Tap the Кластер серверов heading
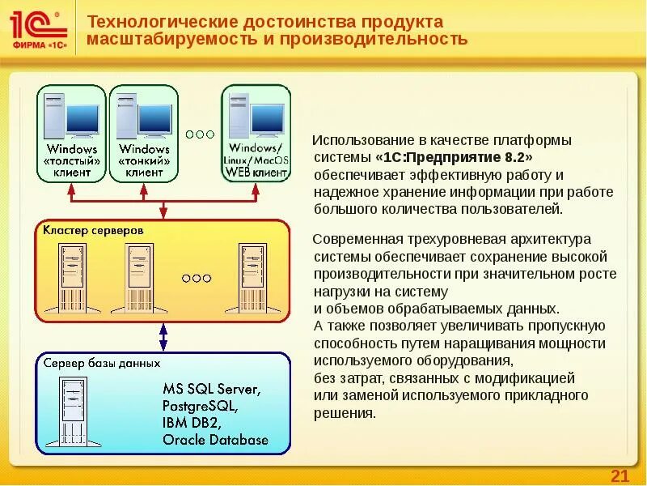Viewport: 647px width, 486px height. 94,231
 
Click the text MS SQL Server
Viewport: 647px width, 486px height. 211,390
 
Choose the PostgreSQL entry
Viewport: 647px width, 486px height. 200,406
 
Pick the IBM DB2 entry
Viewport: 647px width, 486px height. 192,423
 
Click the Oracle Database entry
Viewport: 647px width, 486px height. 214,440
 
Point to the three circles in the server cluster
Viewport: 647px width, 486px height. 197,278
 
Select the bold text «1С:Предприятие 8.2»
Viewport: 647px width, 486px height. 454,157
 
